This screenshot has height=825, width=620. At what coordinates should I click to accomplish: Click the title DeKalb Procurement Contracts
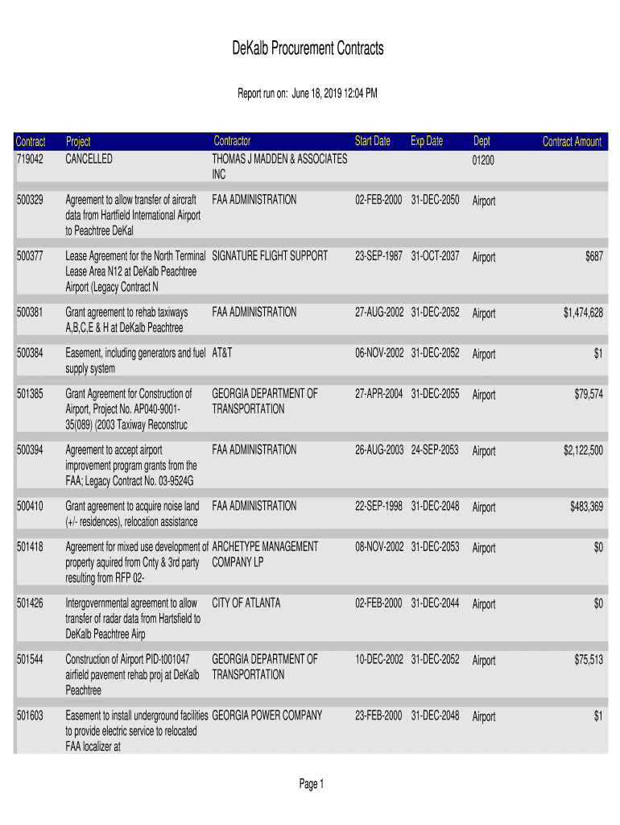pos(308,49)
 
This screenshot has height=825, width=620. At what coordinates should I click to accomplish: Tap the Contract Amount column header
pos(572,142)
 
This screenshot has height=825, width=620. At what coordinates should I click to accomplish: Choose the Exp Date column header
pos(426,141)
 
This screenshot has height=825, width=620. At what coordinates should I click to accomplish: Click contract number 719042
pos(29,160)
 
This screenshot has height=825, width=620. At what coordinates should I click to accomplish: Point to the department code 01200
pos(483,160)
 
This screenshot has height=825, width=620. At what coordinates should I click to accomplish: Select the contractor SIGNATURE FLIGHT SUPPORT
pos(270,256)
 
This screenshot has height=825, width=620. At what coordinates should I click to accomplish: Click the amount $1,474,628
pos(582,313)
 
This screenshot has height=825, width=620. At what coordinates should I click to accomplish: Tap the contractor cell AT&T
pos(222,353)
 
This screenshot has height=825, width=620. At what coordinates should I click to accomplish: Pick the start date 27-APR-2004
pos(379,394)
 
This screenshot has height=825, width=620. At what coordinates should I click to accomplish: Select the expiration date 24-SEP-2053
pos(435,450)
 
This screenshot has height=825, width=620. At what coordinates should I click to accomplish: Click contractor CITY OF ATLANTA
pos(246,603)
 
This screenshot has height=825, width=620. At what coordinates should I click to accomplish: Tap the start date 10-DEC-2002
pos(379,659)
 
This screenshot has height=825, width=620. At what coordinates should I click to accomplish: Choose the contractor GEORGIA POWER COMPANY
pos(267,715)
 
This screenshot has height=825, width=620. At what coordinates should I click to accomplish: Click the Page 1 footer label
pos(311,784)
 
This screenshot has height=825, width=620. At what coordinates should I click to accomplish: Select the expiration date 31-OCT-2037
pos(435,256)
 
